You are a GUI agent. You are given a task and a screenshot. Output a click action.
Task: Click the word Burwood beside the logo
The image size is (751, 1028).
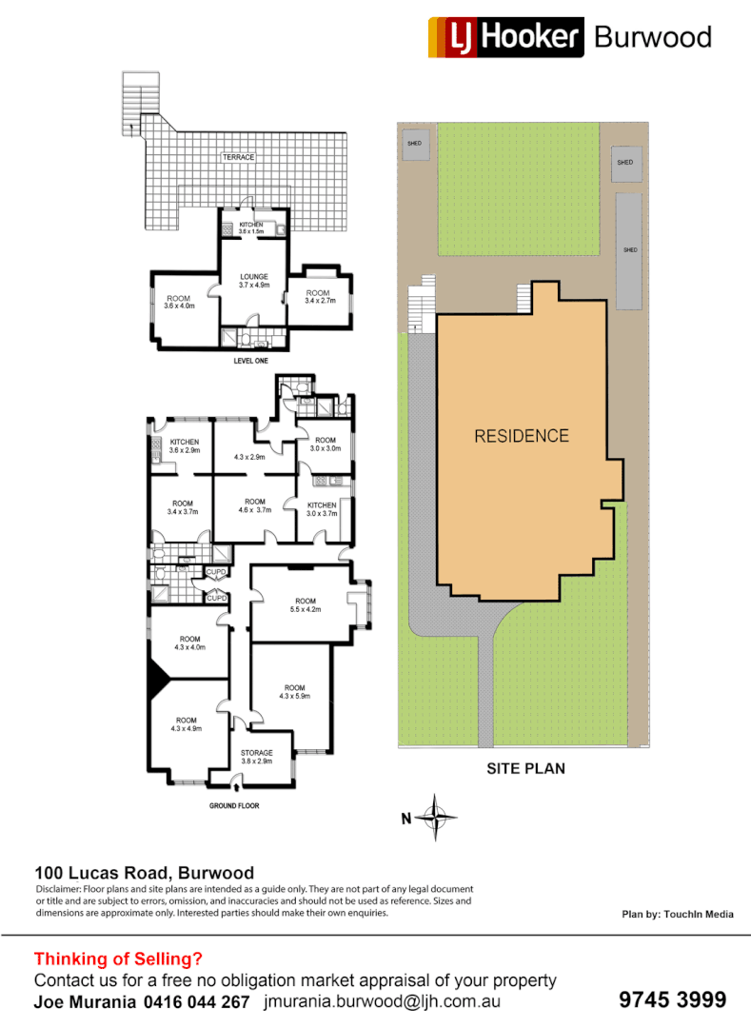click(652, 37)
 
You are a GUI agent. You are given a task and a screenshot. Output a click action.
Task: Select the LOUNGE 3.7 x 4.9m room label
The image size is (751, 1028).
click(254, 281)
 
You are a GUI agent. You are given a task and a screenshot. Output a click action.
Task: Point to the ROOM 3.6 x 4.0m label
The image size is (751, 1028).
click(179, 302)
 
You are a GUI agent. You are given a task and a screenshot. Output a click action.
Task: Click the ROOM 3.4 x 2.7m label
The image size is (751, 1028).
click(317, 297)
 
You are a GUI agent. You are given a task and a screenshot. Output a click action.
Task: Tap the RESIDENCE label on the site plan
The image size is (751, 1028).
click(522, 436)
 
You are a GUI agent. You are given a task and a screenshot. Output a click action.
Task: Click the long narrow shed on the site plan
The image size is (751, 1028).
click(628, 250)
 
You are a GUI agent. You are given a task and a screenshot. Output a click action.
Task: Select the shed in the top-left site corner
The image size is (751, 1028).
click(414, 145)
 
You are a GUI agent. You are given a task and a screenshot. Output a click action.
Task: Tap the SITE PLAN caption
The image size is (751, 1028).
click(525, 768)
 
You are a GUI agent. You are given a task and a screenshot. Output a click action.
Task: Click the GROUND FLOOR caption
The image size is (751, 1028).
click(233, 805)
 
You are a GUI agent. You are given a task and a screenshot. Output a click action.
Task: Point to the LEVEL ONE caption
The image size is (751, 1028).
click(250, 361)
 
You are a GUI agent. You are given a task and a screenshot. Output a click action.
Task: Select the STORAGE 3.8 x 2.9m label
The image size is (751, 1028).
click(256, 758)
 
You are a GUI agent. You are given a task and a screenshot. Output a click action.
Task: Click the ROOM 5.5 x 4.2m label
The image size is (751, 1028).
click(305, 605)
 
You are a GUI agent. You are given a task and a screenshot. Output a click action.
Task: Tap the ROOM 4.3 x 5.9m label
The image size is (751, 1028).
click(294, 692)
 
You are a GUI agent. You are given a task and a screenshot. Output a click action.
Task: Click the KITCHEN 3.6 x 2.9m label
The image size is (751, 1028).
click(184, 445)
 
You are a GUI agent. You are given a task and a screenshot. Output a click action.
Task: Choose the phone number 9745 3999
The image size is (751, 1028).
click(672, 1000)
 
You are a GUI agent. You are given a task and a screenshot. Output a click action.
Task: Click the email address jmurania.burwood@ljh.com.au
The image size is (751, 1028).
click(383, 1002)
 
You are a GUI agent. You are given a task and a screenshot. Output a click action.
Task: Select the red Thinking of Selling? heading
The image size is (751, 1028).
click(118, 959)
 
